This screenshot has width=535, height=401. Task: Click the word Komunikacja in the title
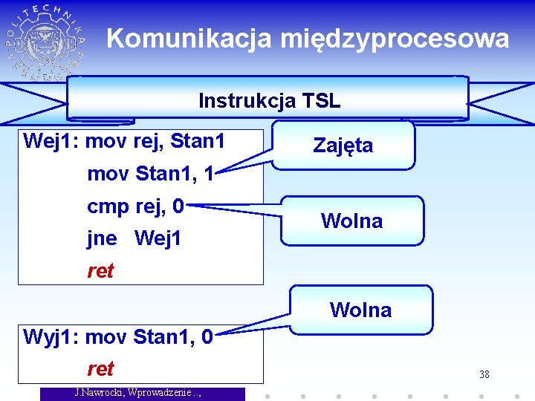coord(189,39)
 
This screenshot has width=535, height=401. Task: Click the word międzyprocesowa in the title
coord(395,39)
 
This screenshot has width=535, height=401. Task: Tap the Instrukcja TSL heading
coord(269,100)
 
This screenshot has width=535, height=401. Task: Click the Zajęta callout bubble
coord(343,146)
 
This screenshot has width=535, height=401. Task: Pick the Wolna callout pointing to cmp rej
coord(352,221)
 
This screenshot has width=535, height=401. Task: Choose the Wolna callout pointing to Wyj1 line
coord(361,310)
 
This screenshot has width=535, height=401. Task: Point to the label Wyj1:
coord(52,337)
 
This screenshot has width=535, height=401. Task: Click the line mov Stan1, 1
coord(151,175)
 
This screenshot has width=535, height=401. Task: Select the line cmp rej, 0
coord(135,206)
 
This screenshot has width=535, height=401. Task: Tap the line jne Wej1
coord(134,238)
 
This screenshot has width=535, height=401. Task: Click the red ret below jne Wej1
coord(100,271)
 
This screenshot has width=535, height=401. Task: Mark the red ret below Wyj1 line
coord(100,369)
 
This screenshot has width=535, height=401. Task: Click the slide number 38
coord(484,374)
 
